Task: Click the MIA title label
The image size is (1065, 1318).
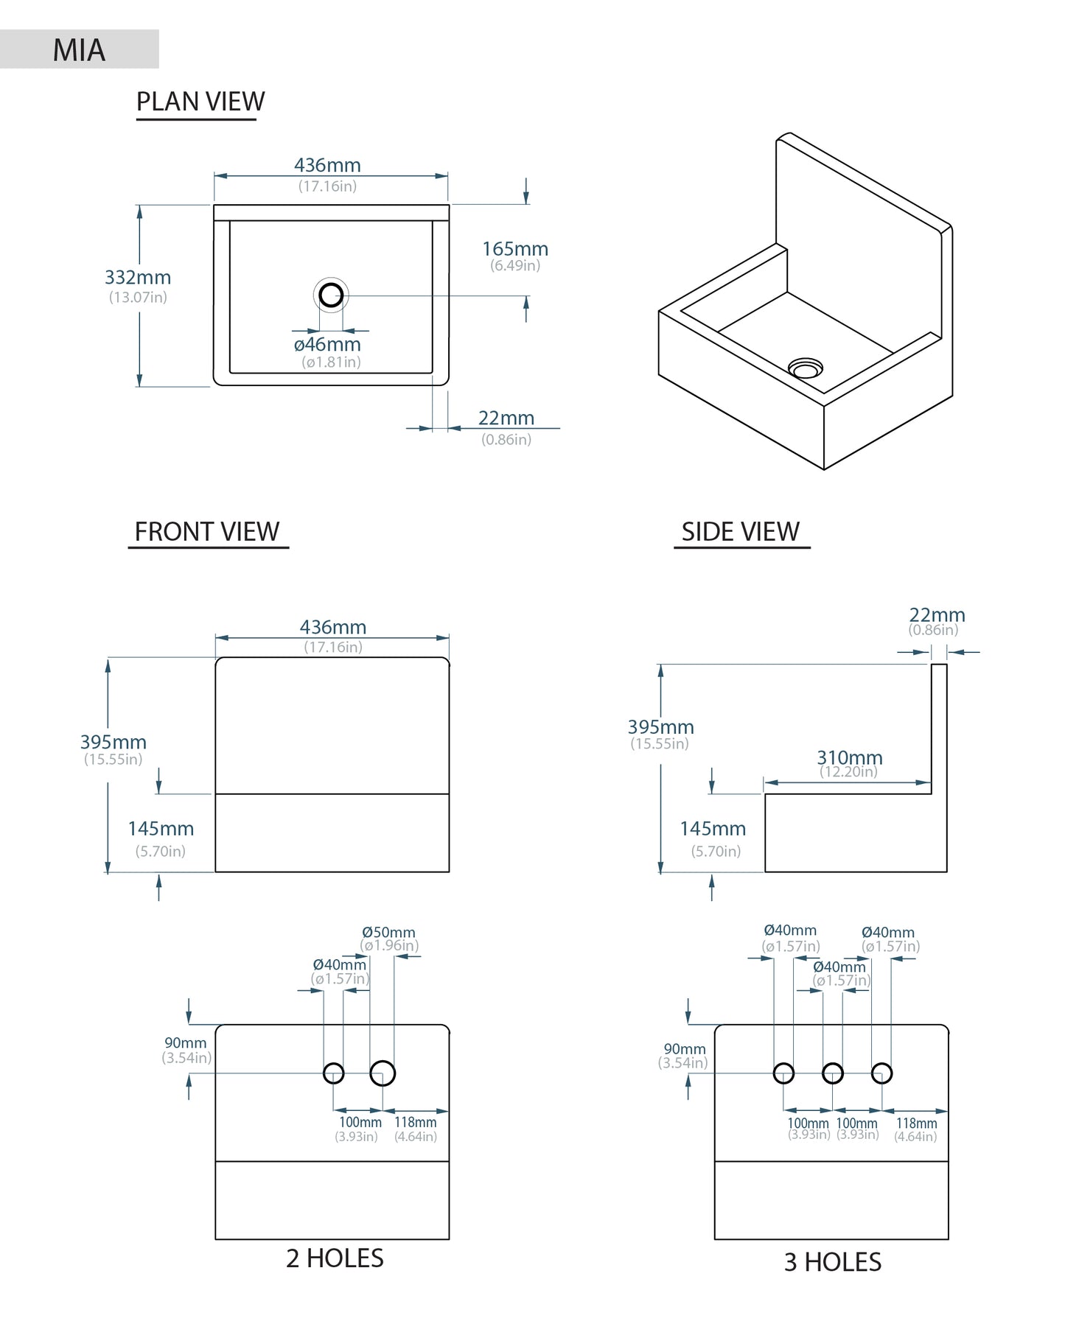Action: [79, 50]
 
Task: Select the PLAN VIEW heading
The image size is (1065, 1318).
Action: [200, 102]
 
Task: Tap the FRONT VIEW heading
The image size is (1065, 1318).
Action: [207, 531]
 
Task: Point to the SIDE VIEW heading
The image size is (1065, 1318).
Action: [740, 531]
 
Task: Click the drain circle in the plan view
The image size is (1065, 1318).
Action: [331, 295]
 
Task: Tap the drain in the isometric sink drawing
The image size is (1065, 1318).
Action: [805, 368]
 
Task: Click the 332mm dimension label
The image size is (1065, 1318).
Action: [138, 278]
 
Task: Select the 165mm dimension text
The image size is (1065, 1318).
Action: [515, 249]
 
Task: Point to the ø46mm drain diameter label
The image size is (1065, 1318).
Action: [327, 344]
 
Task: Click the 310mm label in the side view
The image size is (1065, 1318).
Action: [849, 757]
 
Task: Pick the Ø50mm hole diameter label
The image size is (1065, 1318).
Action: [388, 933]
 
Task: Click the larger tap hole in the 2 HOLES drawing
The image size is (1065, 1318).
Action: [383, 1073]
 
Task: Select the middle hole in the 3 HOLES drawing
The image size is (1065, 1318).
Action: [833, 1073]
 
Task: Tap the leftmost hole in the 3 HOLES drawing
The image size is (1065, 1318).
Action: [783, 1073]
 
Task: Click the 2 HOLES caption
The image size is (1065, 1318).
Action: [335, 1258]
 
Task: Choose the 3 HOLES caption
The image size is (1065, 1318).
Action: [833, 1262]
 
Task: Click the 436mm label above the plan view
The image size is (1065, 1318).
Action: [327, 165]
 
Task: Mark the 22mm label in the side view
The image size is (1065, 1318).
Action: [937, 614]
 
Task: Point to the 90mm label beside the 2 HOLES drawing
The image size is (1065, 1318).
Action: [186, 1042]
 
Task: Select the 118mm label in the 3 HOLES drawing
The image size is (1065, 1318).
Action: [916, 1124]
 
